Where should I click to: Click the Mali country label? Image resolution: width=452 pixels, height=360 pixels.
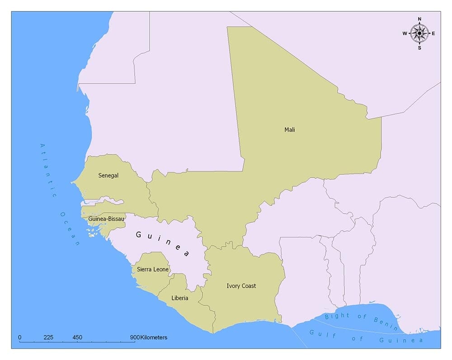289,130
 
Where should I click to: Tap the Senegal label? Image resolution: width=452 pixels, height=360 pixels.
108,176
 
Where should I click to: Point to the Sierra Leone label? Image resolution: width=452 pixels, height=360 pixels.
153,269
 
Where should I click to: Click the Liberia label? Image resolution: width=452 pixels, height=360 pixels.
180,298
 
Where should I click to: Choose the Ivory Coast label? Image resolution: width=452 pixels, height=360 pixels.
241,286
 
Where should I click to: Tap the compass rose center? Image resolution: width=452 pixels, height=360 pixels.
419,33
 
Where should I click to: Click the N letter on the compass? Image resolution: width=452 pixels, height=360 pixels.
419,19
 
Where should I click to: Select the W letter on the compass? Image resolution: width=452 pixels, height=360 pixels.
405,33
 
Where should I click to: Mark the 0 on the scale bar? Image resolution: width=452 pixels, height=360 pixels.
20,337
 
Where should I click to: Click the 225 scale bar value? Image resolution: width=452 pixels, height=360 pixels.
48,337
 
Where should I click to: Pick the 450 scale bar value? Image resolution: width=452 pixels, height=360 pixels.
77,337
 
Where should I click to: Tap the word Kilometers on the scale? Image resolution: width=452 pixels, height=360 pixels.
154,337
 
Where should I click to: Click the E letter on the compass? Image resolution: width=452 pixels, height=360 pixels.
433,33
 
